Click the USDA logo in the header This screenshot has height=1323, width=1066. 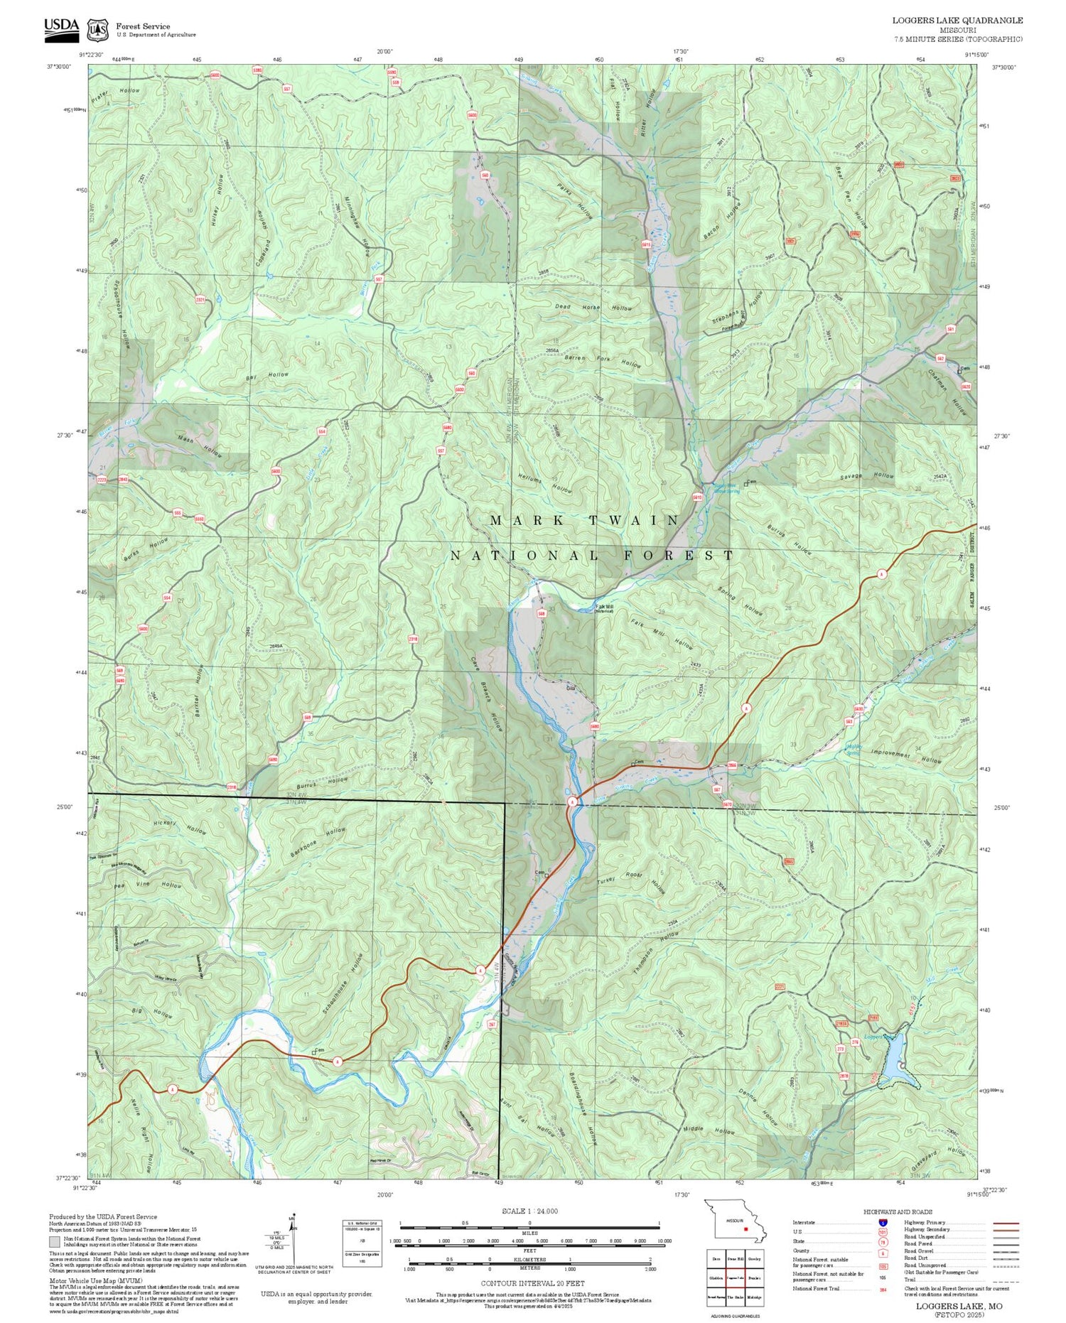click(x=61, y=27)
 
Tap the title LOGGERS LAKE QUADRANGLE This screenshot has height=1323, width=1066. click(x=957, y=21)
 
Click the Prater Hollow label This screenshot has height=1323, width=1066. click(x=115, y=92)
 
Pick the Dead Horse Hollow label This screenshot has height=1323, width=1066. click(x=593, y=308)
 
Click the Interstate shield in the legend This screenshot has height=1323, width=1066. click(x=883, y=1223)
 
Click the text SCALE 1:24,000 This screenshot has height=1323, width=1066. click(x=529, y=1211)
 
